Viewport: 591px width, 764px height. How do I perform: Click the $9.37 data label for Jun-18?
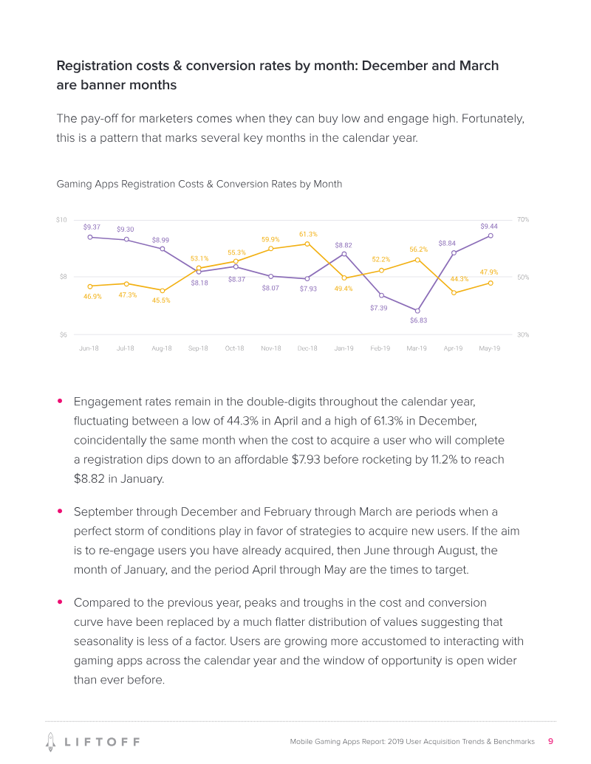tap(92, 227)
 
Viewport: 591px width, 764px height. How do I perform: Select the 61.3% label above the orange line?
tap(308, 234)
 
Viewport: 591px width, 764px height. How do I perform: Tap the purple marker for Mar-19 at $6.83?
tap(417, 311)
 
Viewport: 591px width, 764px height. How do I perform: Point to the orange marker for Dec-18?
tap(307, 244)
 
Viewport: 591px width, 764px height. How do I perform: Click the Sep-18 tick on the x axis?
tap(198, 348)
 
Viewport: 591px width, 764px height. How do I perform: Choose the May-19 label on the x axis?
tap(489, 348)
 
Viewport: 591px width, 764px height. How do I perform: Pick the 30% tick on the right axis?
tap(523, 335)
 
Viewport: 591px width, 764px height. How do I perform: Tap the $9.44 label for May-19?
tap(489, 226)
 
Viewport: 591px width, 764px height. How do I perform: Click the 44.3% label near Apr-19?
tap(460, 279)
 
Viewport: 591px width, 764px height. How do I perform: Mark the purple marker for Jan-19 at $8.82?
tap(344, 254)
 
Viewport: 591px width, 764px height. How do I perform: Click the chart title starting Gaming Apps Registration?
tap(199, 184)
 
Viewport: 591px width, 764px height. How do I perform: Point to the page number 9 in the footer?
tap(550, 741)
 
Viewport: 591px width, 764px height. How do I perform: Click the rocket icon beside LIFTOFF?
tap(51, 740)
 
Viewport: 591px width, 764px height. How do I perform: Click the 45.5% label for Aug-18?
tap(161, 300)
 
